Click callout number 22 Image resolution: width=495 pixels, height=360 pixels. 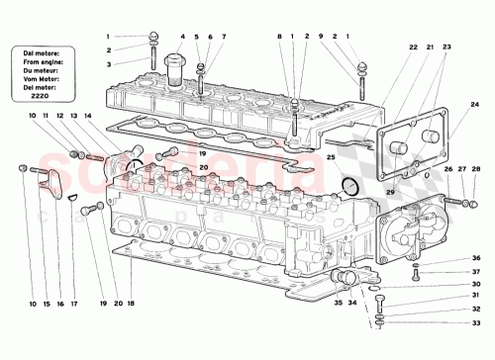tap(414, 46)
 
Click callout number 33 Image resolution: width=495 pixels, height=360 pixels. tap(474, 322)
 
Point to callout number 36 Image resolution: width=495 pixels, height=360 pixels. tap(474, 258)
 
